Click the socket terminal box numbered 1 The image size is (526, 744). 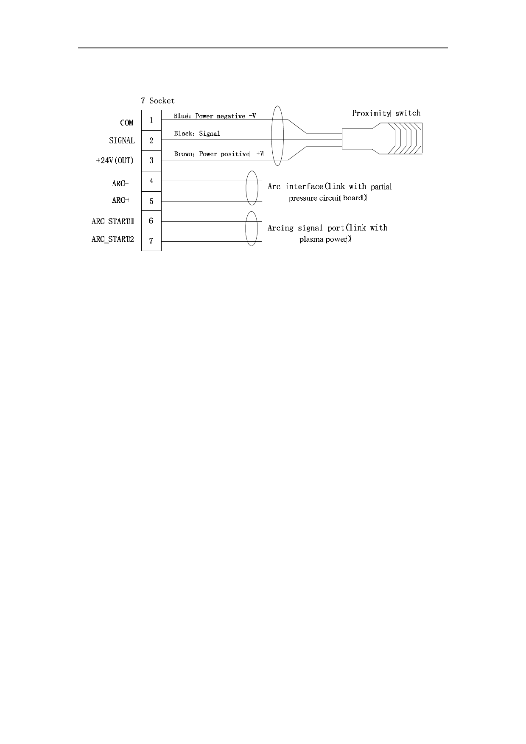click(151, 120)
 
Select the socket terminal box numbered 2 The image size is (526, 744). click(151, 140)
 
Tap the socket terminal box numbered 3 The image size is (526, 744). click(151, 161)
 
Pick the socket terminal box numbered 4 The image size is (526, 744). click(151, 181)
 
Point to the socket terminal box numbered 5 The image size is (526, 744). click(151, 201)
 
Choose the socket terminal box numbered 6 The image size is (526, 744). click(151, 221)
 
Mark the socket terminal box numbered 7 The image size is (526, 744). click(151, 241)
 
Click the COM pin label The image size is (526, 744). click(127, 123)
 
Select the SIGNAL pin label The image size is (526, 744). click(122, 140)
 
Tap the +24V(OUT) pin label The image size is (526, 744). click(115, 161)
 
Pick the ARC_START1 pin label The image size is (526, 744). click(113, 221)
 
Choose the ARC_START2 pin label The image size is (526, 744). click(113, 239)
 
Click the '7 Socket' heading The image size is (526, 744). click(158, 101)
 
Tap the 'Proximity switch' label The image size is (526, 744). click(386, 113)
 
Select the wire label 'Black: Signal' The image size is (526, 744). click(197, 134)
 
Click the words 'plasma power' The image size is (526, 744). click(324, 239)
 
